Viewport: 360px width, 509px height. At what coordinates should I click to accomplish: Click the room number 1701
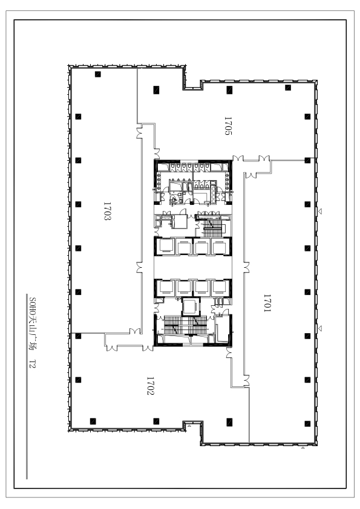point(267,303)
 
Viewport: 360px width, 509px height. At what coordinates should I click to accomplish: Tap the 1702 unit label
point(150,386)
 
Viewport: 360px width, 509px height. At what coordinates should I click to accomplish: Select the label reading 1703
point(107,212)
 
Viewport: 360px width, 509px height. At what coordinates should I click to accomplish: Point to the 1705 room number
point(228,126)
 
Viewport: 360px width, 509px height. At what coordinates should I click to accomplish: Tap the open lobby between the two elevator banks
point(193,267)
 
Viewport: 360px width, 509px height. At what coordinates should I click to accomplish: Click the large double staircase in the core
point(186,325)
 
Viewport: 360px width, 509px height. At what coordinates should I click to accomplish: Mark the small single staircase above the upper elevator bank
point(212,227)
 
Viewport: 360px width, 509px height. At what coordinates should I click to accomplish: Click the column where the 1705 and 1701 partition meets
point(307,160)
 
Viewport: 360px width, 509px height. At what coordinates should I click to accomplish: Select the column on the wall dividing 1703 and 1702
point(78,336)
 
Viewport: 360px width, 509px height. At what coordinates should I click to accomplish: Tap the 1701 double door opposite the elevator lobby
point(246,267)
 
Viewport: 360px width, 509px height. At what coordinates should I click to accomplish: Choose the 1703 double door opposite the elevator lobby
point(139,267)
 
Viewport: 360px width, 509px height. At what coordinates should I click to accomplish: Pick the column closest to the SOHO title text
point(78,336)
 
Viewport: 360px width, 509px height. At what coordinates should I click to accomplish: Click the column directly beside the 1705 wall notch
point(156,89)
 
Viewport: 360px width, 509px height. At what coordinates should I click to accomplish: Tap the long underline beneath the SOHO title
point(27,386)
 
